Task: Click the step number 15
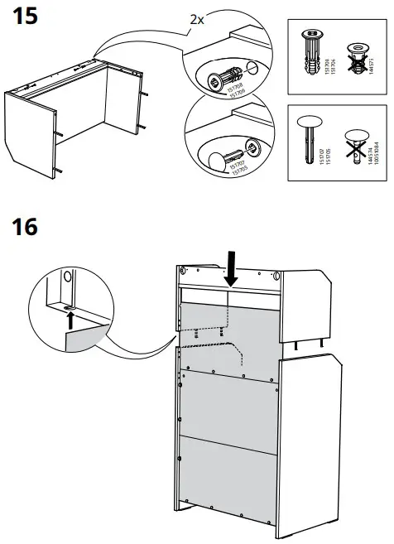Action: click(x=22, y=17)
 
